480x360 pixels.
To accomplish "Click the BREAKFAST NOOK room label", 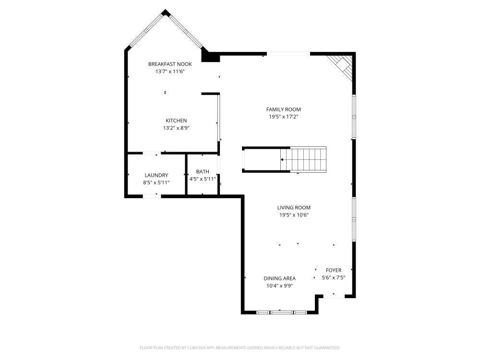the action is [x=170, y=64].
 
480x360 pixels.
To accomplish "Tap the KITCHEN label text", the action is [x=176, y=120].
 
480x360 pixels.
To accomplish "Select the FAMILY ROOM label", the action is [x=284, y=109].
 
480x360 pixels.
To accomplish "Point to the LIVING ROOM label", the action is [x=294, y=207].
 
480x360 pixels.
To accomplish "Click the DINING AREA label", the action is [x=279, y=278].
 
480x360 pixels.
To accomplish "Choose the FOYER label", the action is [x=334, y=270].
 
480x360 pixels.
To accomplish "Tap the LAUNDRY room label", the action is [x=156, y=175].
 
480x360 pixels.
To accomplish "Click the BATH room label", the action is [x=203, y=172].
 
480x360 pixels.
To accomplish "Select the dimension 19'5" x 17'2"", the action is [x=284, y=117].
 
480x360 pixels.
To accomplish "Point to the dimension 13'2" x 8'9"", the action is [x=176, y=128].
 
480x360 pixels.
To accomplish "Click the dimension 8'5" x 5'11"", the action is [x=156, y=182].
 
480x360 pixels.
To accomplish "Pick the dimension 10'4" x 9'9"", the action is [x=279, y=286].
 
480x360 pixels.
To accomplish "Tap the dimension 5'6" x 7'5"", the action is [x=334, y=277].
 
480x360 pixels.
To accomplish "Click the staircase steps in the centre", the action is [x=308, y=159].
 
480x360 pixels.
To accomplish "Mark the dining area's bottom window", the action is [x=281, y=312].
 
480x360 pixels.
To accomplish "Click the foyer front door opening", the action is [x=334, y=296].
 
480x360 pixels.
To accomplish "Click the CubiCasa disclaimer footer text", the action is [x=240, y=348].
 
